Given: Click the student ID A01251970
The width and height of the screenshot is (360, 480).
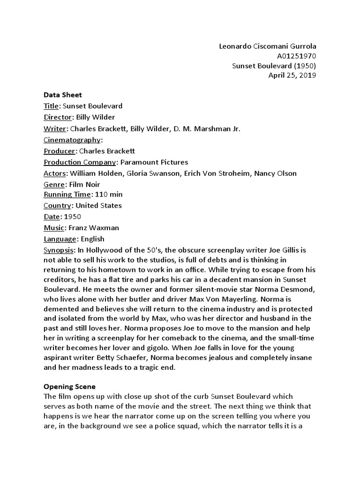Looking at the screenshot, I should click(297, 56).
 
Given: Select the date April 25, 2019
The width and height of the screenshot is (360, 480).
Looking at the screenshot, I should click(292, 75).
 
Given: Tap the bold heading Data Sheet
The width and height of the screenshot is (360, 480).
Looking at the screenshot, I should click(63, 95).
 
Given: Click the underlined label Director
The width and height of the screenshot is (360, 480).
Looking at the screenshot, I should click(57, 117).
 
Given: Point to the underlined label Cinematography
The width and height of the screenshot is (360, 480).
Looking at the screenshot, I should click(72, 140).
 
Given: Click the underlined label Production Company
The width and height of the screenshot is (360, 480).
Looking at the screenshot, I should click(80, 162).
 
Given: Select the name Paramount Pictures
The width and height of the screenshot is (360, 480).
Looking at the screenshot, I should click(154, 162).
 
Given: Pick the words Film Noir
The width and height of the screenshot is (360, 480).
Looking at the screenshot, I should click(84, 185).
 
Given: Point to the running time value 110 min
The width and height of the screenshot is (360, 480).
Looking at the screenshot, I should click(109, 194).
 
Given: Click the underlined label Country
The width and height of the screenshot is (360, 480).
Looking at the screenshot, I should click(57, 205).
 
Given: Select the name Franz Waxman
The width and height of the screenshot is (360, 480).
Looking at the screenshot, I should click(94, 228).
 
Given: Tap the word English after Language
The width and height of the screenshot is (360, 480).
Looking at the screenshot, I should click(93, 239).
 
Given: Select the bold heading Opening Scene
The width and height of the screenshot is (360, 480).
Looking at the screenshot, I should click(69, 387).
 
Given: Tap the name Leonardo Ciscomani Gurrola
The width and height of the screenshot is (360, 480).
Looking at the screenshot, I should click(268, 46).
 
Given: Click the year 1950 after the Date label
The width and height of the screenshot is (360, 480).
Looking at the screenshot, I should click(72, 217).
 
